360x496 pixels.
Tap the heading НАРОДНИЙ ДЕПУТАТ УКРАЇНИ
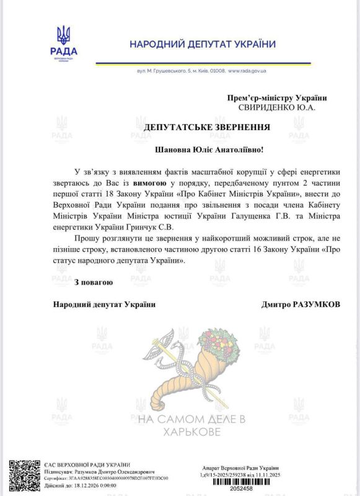point(203,44)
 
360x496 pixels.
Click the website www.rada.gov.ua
point(247,71)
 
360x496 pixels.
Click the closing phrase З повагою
point(93,283)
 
